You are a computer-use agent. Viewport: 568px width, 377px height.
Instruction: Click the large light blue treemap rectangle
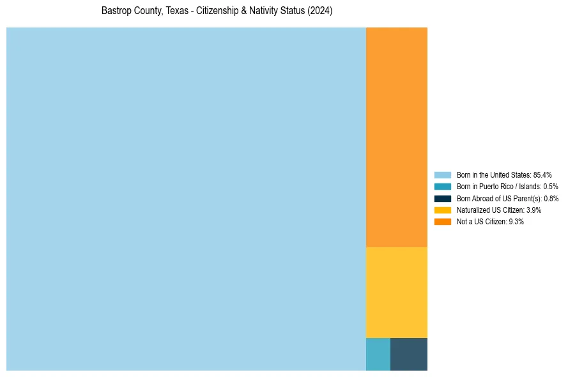coord(186,199)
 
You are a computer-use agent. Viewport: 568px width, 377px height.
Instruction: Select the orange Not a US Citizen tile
coord(396,137)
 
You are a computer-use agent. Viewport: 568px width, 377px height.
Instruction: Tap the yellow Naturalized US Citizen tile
coord(396,292)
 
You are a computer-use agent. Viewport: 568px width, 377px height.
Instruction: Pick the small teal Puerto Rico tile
coord(378,354)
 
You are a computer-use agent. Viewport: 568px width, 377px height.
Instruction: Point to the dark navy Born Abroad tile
coord(409,354)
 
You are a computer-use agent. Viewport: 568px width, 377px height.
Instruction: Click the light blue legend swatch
coord(442,174)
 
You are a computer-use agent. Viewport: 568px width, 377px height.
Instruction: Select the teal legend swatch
coord(442,187)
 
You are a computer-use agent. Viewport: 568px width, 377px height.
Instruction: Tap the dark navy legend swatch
coord(442,198)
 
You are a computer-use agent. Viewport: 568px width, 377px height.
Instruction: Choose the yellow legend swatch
coord(442,210)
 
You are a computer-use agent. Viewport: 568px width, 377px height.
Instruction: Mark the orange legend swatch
coord(442,222)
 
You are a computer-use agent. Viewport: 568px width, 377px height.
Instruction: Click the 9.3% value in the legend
coord(516,222)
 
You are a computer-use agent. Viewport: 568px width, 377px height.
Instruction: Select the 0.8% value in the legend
coord(551,198)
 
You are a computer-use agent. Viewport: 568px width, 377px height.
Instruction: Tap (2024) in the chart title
coord(319,12)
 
